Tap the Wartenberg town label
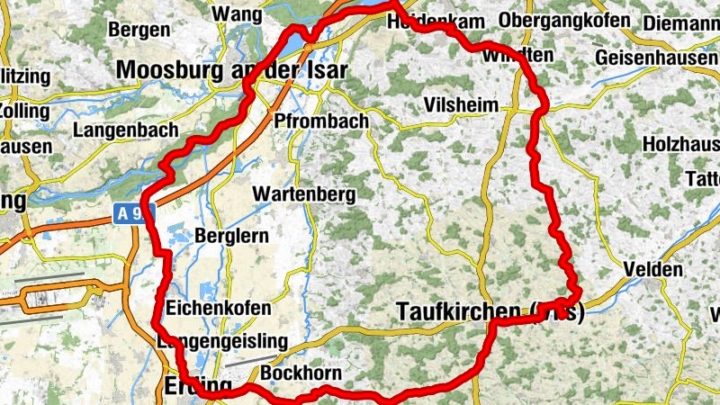[304, 193]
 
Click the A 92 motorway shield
[135, 214]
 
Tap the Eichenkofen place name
[219, 308]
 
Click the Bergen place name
[139, 30]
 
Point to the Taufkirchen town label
[490, 311]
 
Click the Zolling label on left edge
[17, 110]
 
